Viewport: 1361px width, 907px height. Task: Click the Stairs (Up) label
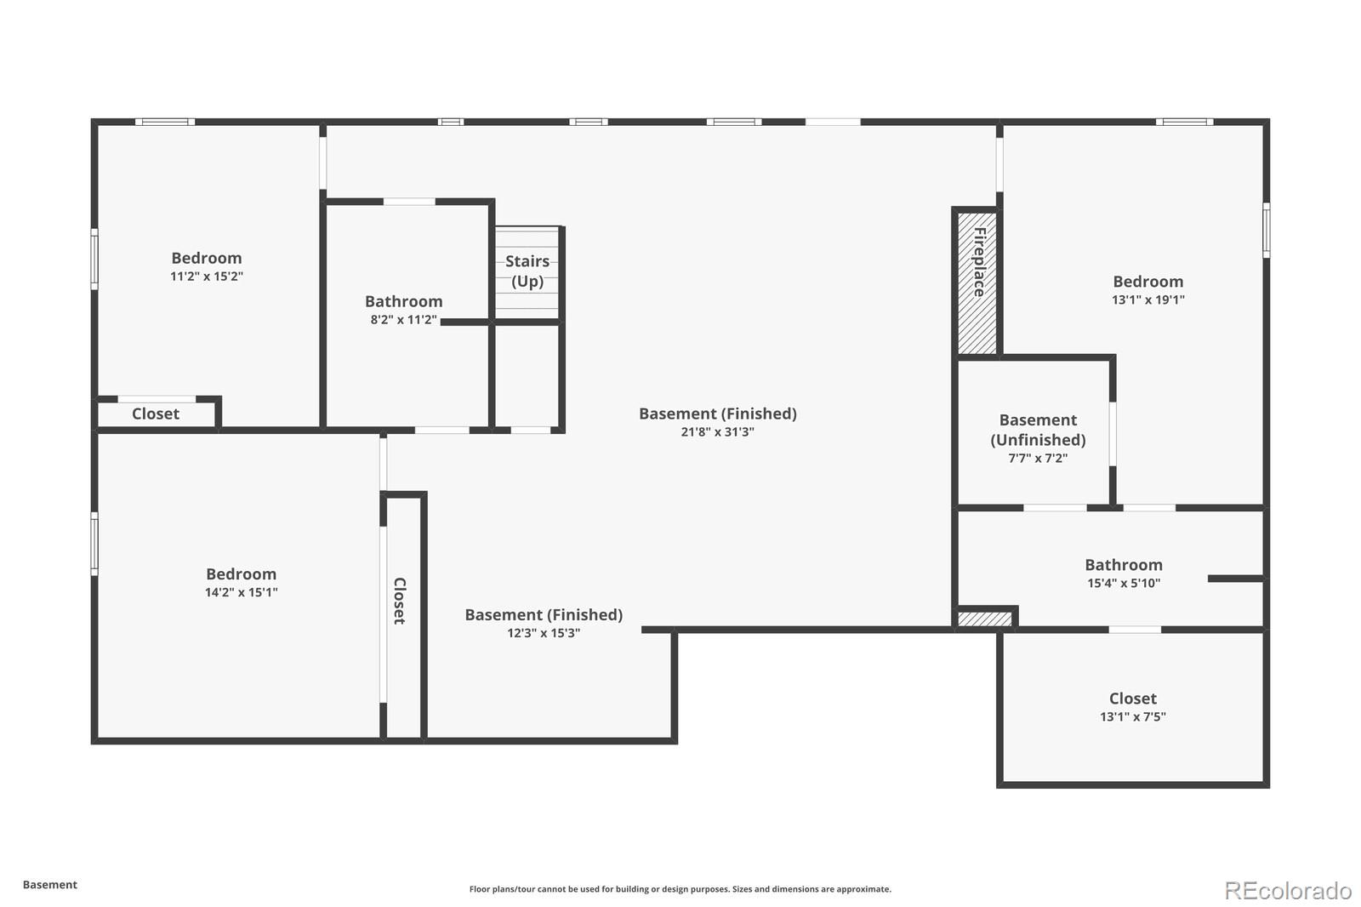click(527, 271)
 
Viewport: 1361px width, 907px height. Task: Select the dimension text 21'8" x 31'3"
click(717, 432)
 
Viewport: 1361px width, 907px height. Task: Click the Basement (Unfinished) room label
click(1038, 430)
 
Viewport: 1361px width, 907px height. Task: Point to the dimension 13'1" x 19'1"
click(1147, 299)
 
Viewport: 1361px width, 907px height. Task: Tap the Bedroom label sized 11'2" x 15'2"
click(207, 258)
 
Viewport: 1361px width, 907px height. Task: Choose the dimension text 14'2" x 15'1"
click(241, 593)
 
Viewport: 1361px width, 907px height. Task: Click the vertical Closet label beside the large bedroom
click(399, 601)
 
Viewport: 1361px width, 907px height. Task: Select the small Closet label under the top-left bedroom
click(156, 414)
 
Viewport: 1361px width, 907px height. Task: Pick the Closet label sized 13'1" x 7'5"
click(1132, 699)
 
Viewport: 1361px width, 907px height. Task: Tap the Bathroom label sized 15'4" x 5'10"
click(1123, 565)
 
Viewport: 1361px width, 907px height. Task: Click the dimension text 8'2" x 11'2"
click(403, 320)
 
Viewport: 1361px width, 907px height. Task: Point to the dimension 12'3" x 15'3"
click(544, 633)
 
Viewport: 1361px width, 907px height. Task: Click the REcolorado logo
click(1288, 891)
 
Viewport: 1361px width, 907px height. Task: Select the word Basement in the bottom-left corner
click(50, 885)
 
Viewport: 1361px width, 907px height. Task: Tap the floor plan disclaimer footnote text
click(680, 889)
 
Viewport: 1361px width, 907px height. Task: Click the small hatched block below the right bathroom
click(985, 619)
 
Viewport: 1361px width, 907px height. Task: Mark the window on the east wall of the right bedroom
click(1266, 230)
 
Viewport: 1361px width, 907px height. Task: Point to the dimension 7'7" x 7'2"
click(1038, 458)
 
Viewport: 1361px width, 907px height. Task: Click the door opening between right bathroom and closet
click(1135, 630)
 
